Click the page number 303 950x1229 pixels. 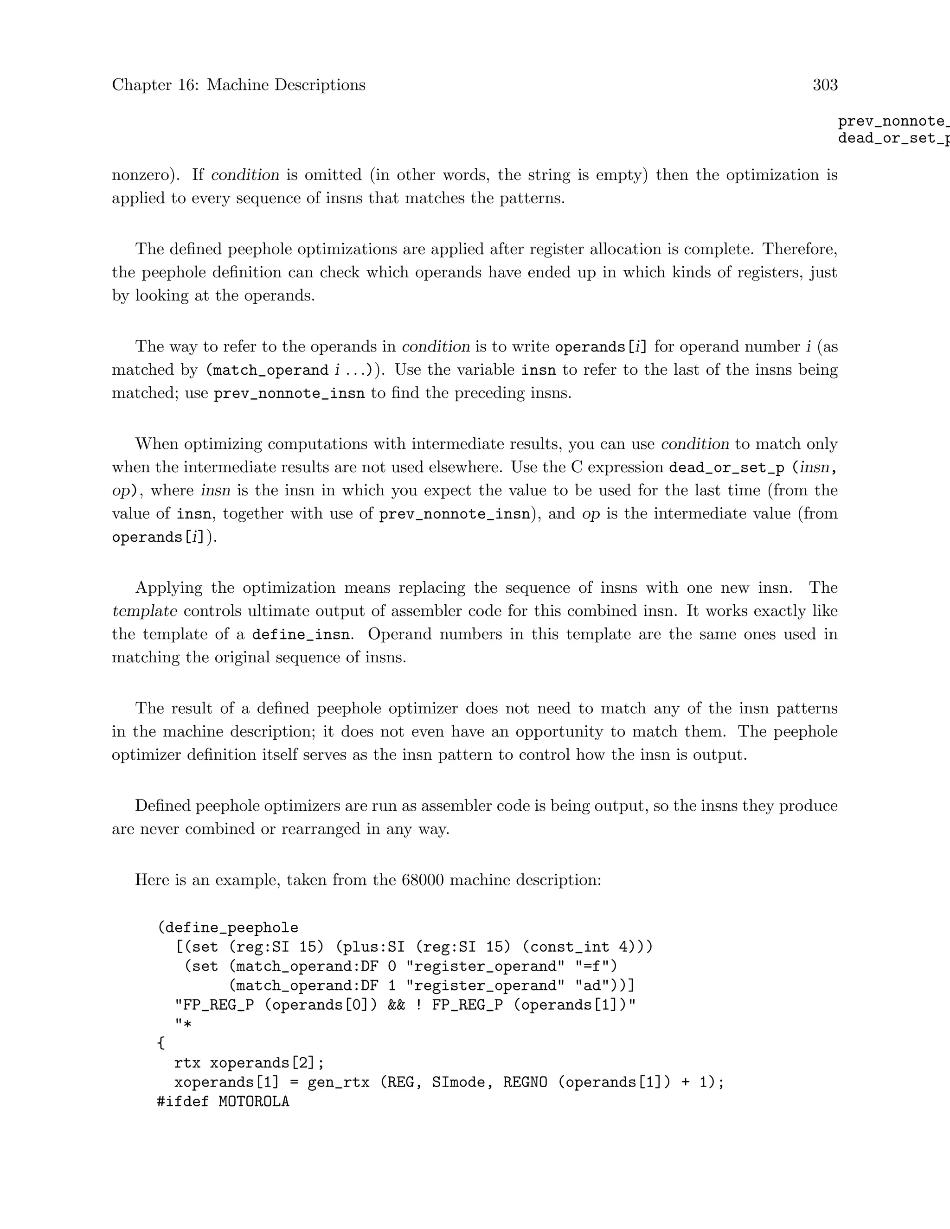[x=825, y=85]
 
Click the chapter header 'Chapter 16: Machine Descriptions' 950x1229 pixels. [x=238, y=85]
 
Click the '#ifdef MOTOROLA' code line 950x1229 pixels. [x=223, y=1101]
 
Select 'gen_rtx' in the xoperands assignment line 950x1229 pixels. [x=338, y=1082]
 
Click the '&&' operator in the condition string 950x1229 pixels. [x=396, y=1005]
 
